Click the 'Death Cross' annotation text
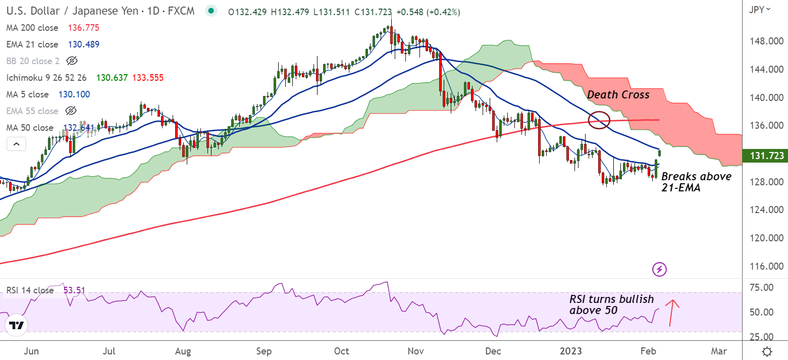618,94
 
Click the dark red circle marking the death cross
599,120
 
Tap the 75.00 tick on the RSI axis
762,287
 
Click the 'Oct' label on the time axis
342,351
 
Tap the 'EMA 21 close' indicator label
32,44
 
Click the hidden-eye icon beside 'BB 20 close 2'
72,61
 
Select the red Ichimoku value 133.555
148,78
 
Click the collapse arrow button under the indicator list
16,144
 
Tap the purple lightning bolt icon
660,269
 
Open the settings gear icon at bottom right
767,351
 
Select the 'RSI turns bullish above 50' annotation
611,305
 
